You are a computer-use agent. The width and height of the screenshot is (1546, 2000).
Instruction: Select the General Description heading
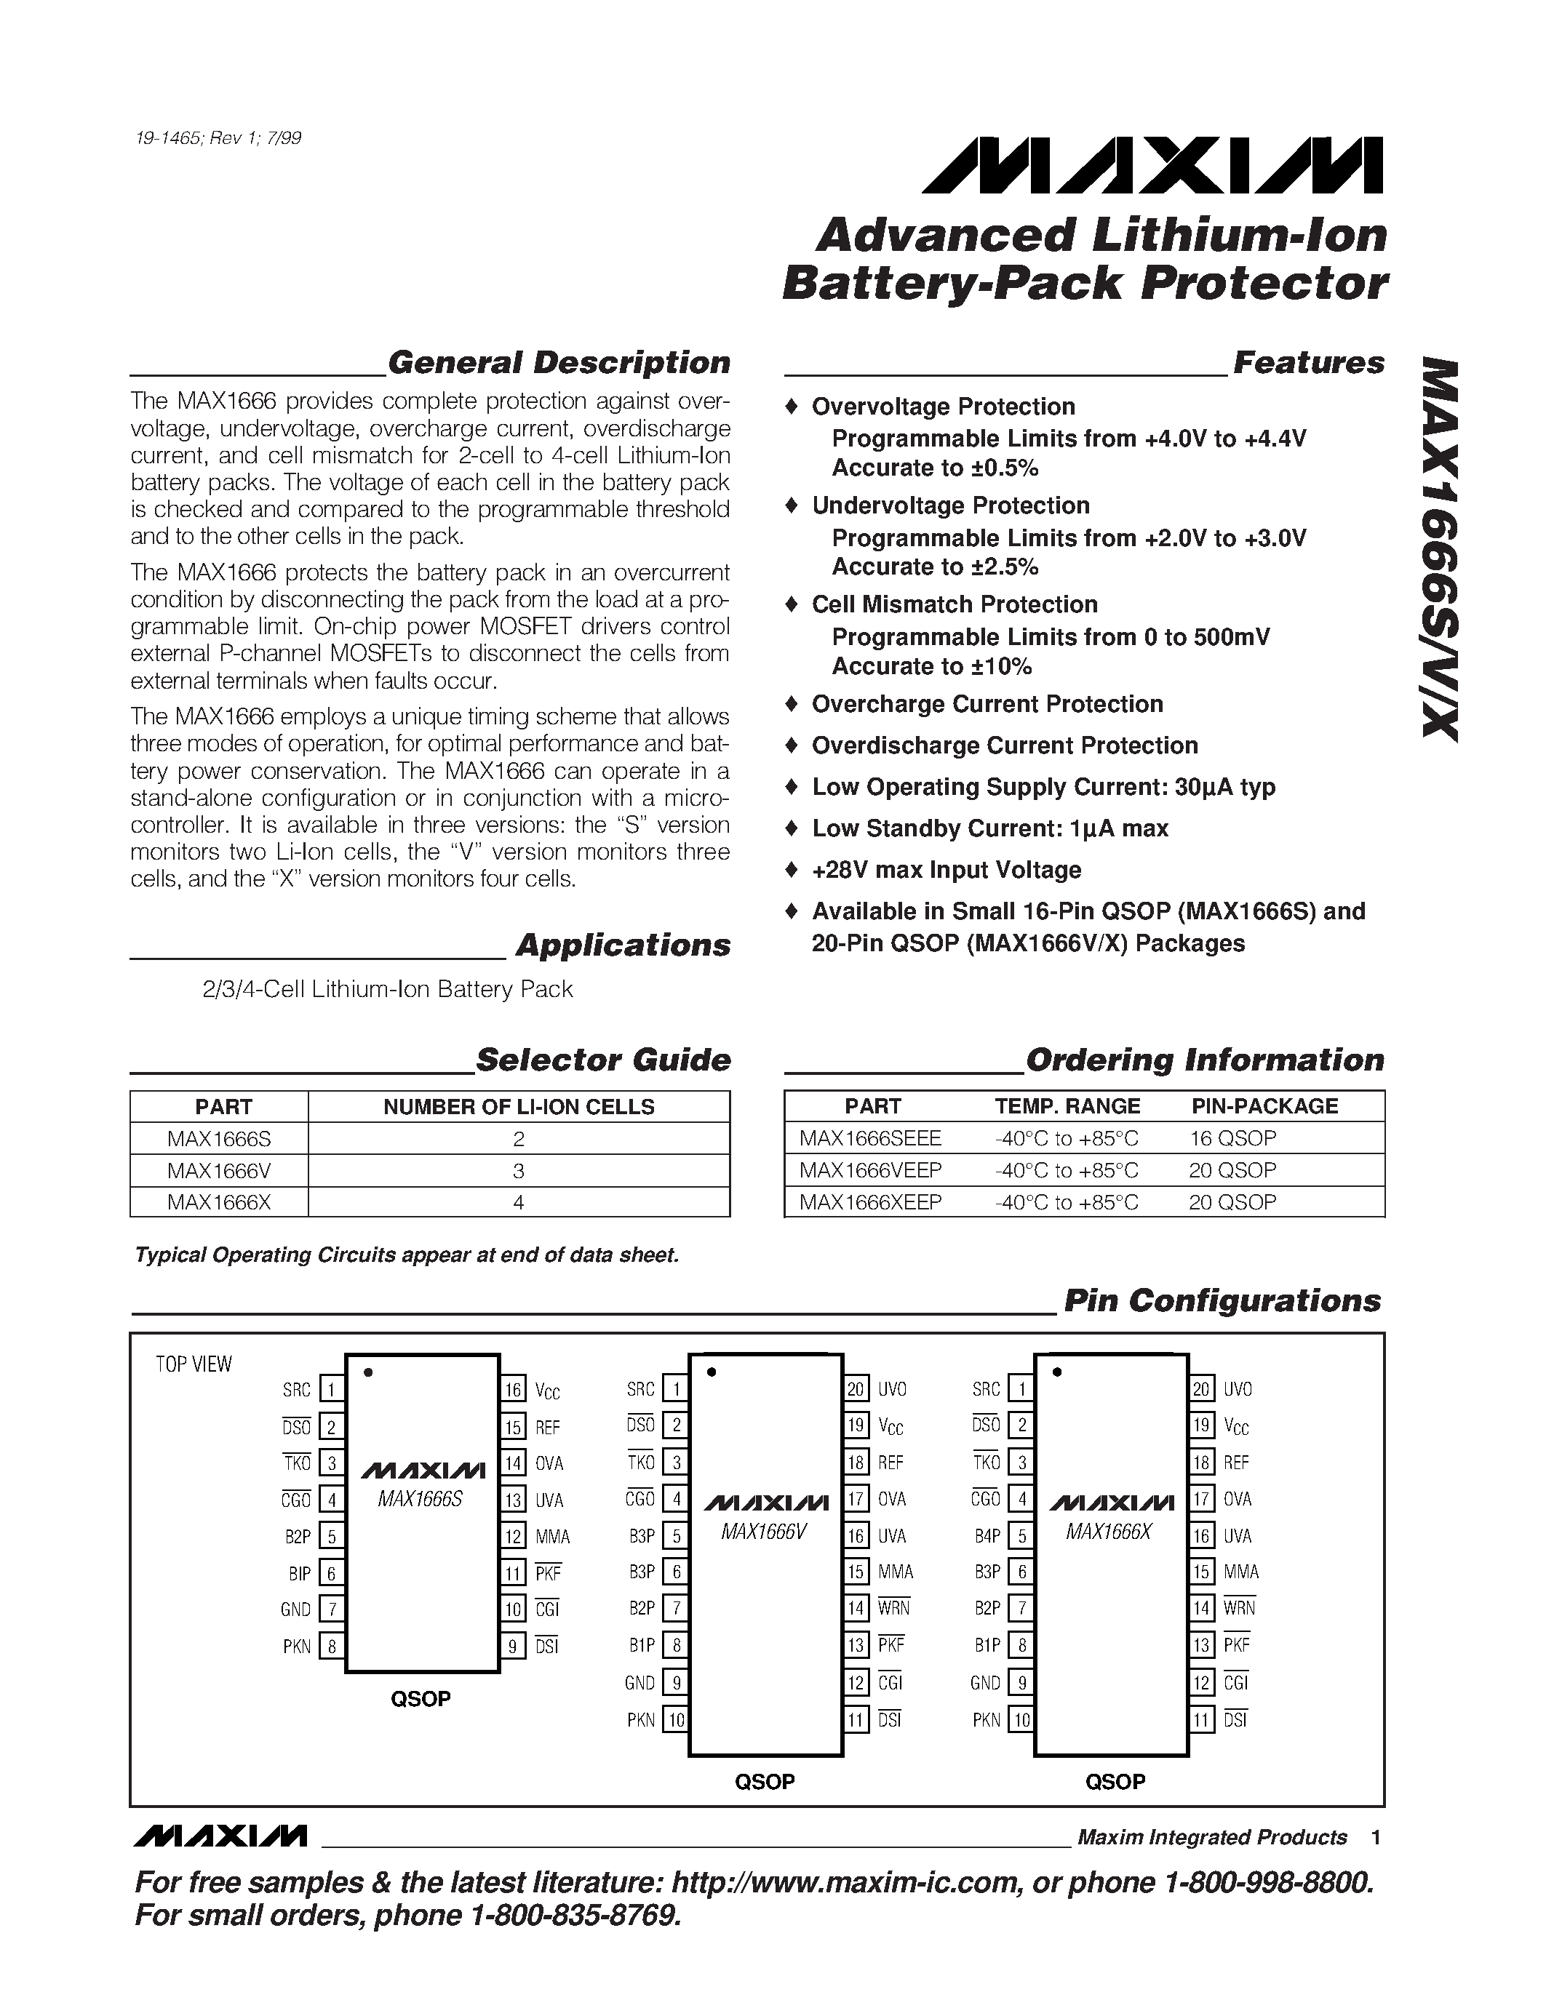[x=559, y=363]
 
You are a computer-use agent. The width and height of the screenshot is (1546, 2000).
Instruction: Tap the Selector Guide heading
[x=602, y=1060]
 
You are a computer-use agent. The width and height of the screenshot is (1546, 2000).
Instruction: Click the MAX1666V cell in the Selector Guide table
[x=219, y=1170]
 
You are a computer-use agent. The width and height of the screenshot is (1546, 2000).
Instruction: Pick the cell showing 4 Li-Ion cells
[x=519, y=1202]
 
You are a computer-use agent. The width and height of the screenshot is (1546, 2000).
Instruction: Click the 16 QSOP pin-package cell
[x=1232, y=1138]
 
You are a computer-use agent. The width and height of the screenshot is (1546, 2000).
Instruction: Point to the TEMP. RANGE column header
[x=1067, y=1106]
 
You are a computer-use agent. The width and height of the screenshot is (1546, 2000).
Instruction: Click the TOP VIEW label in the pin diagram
[x=194, y=1364]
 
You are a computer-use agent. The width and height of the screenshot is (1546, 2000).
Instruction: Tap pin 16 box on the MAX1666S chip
[x=513, y=1390]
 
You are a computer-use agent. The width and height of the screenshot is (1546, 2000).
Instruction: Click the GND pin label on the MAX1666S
[x=296, y=1609]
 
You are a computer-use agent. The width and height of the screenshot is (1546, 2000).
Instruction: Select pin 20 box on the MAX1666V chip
[x=856, y=1389]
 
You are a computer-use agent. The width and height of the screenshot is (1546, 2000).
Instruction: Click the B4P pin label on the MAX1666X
[x=987, y=1536]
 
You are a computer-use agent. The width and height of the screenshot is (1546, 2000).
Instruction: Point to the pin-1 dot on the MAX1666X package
[x=1057, y=1372]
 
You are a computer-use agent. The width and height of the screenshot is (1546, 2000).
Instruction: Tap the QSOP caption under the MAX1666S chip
[x=421, y=1699]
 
